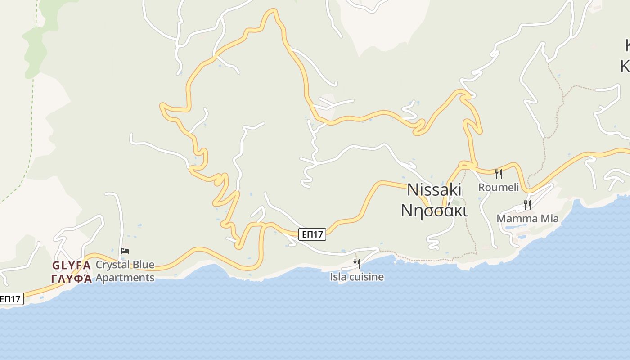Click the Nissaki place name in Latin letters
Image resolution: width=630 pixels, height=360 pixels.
pyautogui.click(x=434, y=190)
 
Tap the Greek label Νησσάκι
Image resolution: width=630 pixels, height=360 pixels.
pyautogui.click(x=434, y=210)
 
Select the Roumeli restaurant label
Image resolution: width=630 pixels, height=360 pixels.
pyautogui.click(x=498, y=187)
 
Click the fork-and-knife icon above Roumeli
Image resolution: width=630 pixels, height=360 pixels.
pyautogui.click(x=498, y=174)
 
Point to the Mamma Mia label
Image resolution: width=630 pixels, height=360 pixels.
pyautogui.click(x=527, y=219)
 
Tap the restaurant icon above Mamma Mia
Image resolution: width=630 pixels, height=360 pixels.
pyautogui.click(x=527, y=205)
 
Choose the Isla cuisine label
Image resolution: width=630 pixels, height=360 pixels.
pyautogui.click(x=357, y=277)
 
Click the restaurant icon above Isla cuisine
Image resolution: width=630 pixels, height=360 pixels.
pyautogui.click(x=356, y=263)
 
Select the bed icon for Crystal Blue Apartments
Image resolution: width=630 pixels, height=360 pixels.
pyautogui.click(x=125, y=251)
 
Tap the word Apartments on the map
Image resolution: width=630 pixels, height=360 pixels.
pyautogui.click(x=125, y=278)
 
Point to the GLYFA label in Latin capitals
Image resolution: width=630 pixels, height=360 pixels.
pyautogui.click(x=72, y=265)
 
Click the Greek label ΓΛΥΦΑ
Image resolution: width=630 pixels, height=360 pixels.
pyautogui.click(x=72, y=279)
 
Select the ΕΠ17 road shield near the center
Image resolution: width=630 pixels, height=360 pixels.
pyautogui.click(x=312, y=234)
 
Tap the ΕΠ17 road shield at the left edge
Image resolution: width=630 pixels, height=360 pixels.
pyautogui.click(x=11, y=299)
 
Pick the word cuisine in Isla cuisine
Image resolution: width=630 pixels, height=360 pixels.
pyautogui.click(x=367, y=277)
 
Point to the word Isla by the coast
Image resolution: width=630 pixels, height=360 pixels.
pyautogui.click(x=338, y=277)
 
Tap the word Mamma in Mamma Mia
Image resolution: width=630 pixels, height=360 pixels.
pyautogui.click(x=517, y=219)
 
